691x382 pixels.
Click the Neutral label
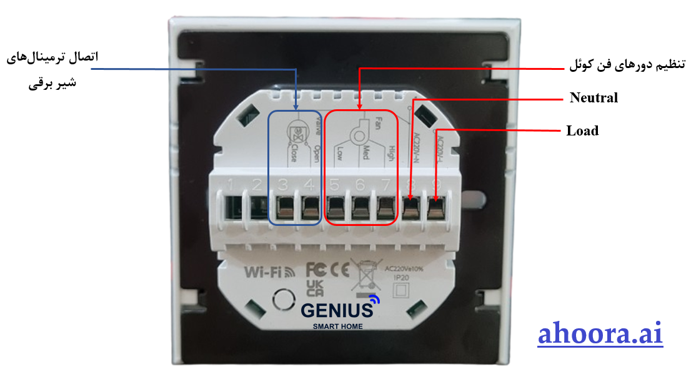pos(594,98)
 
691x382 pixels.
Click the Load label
pos(582,131)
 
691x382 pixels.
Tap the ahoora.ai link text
pos(600,334)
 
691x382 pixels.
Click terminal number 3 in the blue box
pos(285,207)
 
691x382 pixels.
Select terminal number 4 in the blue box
pos(310,207)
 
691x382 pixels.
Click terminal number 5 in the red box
pos(336,207)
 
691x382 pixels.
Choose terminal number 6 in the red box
pos(360,207)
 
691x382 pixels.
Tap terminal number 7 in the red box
pos(386,207)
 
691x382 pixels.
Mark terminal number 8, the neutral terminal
pos(410,207)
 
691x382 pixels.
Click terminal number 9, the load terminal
pos(436,207)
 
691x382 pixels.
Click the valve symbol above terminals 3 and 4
pos(296,132)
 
